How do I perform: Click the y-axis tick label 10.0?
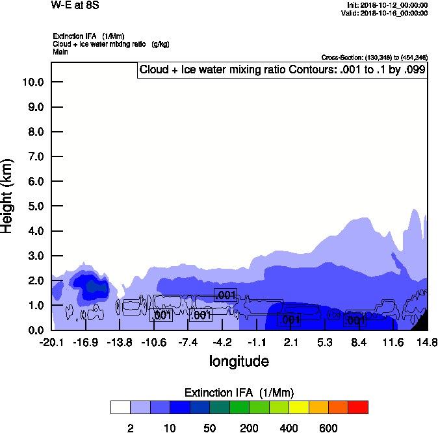32,82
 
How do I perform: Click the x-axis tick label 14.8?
427,342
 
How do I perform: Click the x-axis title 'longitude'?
239,360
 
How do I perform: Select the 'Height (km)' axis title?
8,196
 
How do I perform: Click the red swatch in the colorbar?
358,407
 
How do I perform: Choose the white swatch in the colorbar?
120,407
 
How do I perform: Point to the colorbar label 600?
328,428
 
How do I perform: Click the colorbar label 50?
209,428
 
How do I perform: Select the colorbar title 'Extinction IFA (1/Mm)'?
239,393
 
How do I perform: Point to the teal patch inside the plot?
96,286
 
